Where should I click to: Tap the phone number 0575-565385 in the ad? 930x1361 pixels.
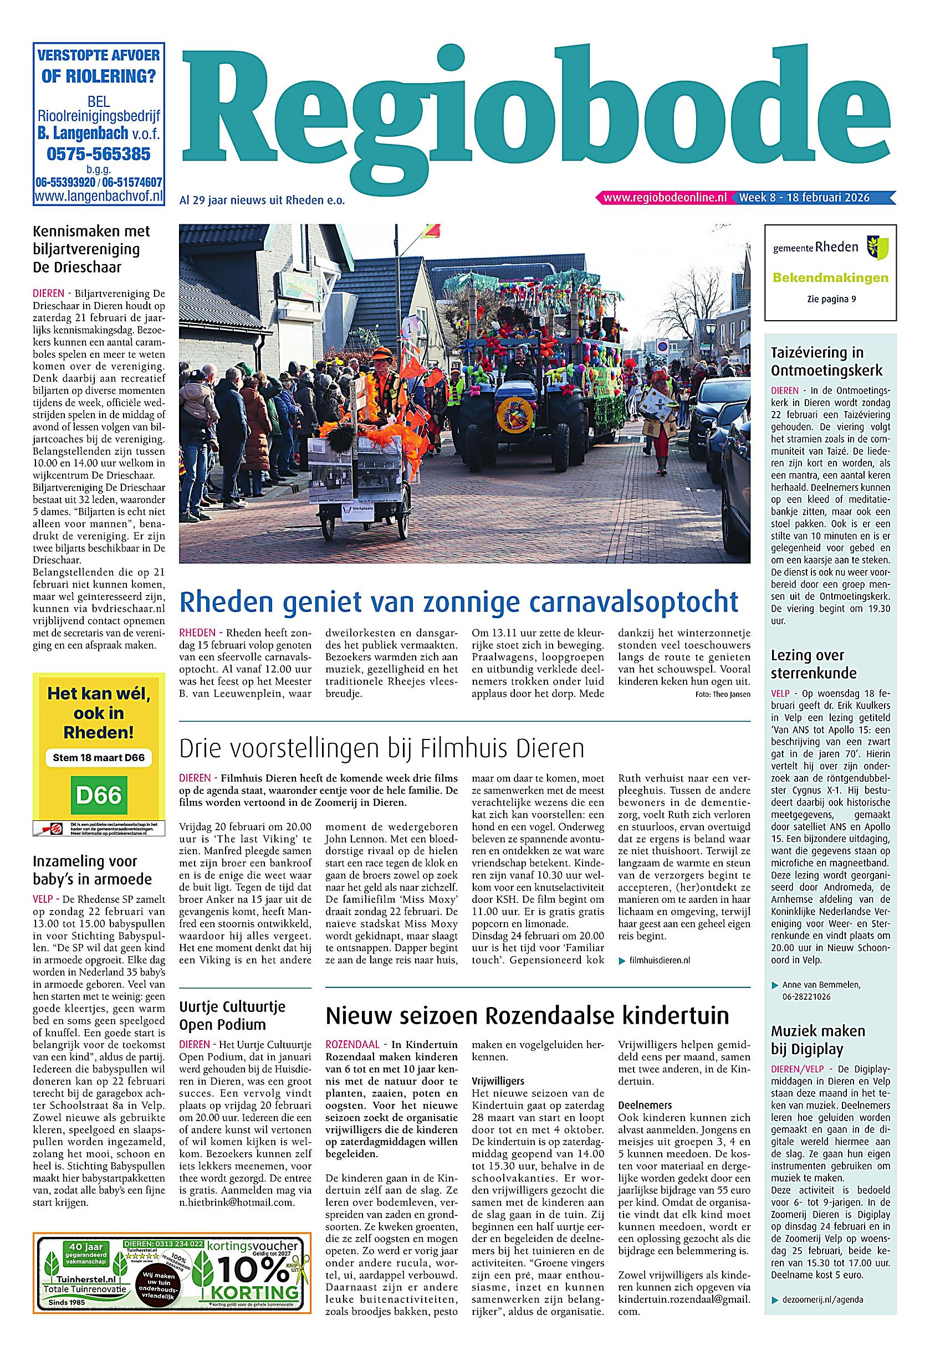point(99,154)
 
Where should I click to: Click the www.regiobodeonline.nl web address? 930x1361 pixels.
point(665,198)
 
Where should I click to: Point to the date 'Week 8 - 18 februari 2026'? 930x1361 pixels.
point(804,198)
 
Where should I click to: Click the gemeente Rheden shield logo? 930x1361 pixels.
point(877,247)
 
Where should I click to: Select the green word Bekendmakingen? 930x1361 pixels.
point(830,278)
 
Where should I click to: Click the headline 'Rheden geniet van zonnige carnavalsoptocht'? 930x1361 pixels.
point(458,602)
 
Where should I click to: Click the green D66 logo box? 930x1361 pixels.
point(99,795)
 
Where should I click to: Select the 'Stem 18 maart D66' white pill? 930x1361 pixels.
point(99,757)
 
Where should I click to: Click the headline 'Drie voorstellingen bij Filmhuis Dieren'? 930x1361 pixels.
point(381,748)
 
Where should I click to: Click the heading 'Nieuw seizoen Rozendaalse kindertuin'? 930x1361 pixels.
point(528,1015)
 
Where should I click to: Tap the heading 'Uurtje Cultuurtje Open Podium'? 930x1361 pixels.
point(232,1015)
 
